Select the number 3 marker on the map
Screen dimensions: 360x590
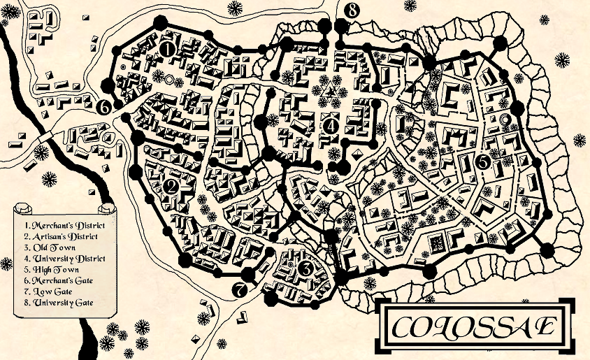(305, 268)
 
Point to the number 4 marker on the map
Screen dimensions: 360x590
(331, 126)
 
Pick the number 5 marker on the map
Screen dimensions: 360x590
(482, 161)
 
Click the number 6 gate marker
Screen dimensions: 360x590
(103, 107)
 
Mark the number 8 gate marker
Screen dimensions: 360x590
(352, 10)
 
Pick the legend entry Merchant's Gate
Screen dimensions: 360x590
(57, 280)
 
